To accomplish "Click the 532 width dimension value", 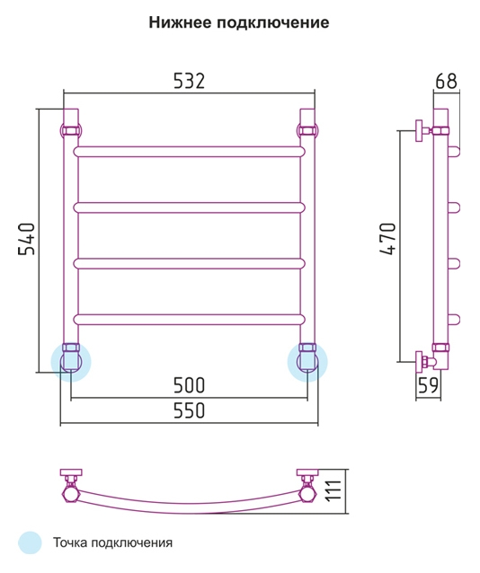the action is [189, 81].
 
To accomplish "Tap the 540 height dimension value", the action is [27, 239].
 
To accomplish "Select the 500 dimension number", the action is [189, 385].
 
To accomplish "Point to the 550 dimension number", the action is [189, 410].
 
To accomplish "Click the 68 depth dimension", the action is [446, 81].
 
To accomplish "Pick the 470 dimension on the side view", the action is [387, 239].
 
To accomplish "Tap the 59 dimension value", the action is [428, 384].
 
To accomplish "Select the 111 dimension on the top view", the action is [333, 490].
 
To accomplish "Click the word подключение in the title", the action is [273, 23].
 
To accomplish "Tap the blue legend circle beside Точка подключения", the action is [30, 542].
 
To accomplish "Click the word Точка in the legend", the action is [69, 542].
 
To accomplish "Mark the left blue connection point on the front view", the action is [71, 362].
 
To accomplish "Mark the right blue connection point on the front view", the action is [307, 362].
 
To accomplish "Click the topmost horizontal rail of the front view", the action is [189, 152].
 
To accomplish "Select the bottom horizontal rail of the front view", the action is [189, 320].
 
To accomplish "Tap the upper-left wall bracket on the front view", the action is [71, 130].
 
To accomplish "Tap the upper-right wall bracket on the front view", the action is [307, 130].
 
